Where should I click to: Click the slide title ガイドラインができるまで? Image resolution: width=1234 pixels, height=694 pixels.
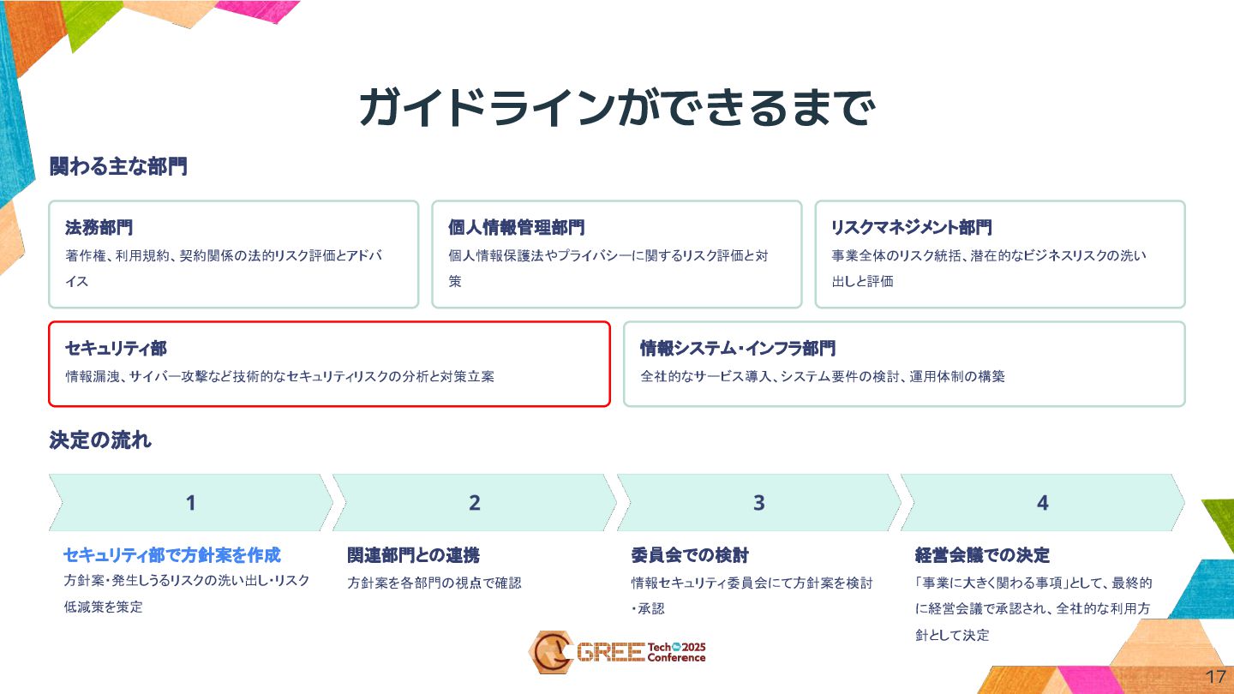tap(617, 109)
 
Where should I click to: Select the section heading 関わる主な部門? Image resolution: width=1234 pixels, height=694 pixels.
tap(118, 167)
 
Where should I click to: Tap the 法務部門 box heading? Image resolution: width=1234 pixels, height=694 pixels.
tap(99, 228)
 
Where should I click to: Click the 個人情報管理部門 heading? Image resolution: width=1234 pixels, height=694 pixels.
tap(516, 228)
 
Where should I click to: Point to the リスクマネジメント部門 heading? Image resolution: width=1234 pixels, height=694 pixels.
tap(911, 228)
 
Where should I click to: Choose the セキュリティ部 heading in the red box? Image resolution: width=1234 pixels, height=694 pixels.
tap(116, 349)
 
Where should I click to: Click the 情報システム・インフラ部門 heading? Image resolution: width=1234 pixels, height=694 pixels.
tap(737, 349)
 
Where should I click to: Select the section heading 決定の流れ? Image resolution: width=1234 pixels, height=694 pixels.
tap(100, 440)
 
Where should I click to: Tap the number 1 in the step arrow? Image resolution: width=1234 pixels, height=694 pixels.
tap(191, 503)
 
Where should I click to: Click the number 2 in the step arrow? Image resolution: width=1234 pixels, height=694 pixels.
tap(475, 503)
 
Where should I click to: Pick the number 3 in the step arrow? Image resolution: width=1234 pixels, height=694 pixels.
tap(758, 503)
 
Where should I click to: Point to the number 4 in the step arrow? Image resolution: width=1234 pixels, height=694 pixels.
tap(1042, 503)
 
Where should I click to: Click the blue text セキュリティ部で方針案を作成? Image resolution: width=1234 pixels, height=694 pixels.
tap(172, 555)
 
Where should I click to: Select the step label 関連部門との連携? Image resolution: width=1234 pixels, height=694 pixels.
tap(413, 555)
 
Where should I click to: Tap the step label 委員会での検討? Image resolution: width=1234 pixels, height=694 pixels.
tap(690, 555)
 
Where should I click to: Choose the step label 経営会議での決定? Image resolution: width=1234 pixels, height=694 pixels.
tap(982, 555)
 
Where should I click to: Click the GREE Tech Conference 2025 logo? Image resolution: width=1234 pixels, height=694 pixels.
tap(617, 652)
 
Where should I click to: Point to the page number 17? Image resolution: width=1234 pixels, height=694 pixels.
tap(1215, 676)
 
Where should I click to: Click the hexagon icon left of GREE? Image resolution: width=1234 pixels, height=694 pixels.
tap(548, 652)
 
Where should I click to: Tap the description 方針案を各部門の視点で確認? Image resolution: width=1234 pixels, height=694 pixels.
tap(434, 583)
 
